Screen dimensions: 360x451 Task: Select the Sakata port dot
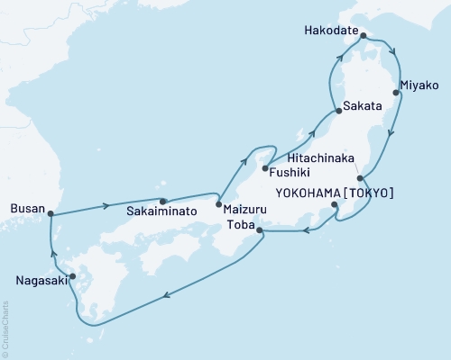pyautogui.click(x=338, y=111)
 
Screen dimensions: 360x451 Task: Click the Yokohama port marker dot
pyautogui.click(x=335, y=205)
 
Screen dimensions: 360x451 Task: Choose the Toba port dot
pyautogui.click(x=261, y=231)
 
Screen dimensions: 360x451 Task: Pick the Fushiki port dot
pyautogui.click(x=264, y=167)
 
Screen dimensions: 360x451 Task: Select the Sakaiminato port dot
pyautogui.click(x=163, y=202)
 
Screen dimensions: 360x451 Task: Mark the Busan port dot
pyautogui.click(x=51, y=213)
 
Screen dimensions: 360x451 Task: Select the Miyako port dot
pyautogui.click(x=396, y=92)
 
